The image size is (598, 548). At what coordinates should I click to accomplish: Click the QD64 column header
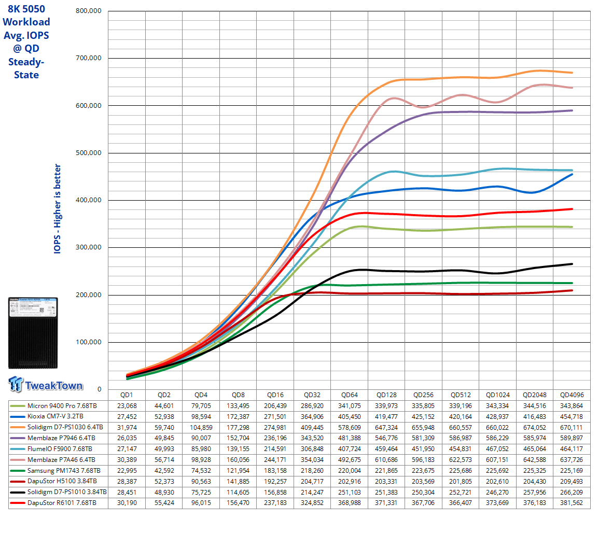[350, 395]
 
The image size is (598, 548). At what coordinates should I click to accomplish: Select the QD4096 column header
[572, 395]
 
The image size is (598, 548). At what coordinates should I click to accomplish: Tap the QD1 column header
[127, 395]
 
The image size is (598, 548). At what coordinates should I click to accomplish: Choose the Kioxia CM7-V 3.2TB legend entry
[55, 416]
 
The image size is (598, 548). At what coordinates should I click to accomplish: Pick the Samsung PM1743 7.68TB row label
[64, 471]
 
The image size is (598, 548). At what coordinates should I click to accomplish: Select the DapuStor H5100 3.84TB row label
[62, 481]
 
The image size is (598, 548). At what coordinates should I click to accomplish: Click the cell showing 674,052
[535, 428]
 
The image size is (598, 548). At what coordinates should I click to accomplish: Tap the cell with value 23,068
[127, 406]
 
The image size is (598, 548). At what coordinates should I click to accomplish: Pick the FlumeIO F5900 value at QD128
[386, 449]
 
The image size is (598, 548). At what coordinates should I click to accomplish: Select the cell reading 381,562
[572, 503]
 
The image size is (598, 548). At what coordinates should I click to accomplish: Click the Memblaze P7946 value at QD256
[423, 438]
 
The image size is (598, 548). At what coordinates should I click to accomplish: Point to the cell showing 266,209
[572, 492]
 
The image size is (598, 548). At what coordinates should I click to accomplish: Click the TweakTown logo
[46, 385]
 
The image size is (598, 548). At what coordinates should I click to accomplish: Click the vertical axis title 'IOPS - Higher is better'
[58, 208]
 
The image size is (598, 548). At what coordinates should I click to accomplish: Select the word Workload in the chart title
[26, 22]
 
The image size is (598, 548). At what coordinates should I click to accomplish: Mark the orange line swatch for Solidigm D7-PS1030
[18, 428]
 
